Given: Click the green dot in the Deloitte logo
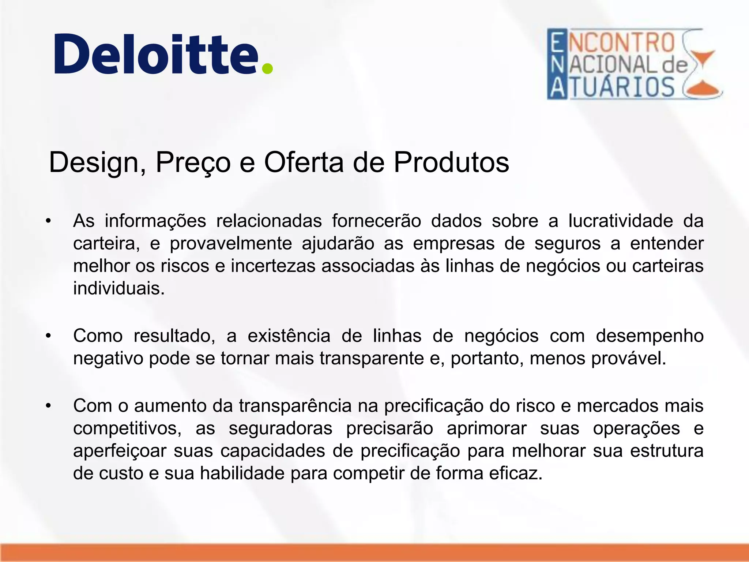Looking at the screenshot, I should click(267, 68).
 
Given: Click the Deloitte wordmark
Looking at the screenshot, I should click(157, 54).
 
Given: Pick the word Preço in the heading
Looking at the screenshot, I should click(193, 162).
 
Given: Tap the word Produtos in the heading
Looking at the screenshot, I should click(451, 162).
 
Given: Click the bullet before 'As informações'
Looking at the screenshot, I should click(48, 221).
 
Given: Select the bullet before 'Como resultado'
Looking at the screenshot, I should click(48, 336).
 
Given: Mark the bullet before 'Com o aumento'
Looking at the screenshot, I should click(48, 406).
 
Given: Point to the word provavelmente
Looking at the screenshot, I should click(231, 244).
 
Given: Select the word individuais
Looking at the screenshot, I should click(119, 288).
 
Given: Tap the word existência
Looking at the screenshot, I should click(289, 336).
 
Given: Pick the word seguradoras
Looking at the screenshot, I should click(281, 428).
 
